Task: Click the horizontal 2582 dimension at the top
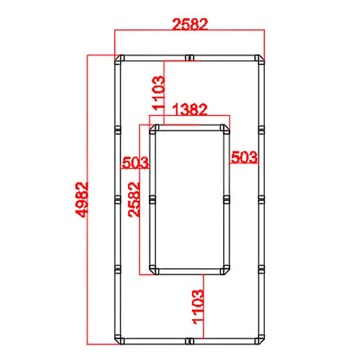click(190, 24)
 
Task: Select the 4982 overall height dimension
click(81, 199)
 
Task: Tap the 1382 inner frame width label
click(190, 110)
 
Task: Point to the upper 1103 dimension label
click(159, 93)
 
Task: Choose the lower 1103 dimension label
click(198, 307)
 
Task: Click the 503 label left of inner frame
click(136, 163)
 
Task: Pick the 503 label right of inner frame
click(244, 157)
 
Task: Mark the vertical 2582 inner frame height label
click(134, 199)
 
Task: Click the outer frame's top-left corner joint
click(119, 59)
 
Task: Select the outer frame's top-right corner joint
click(260, 59)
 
